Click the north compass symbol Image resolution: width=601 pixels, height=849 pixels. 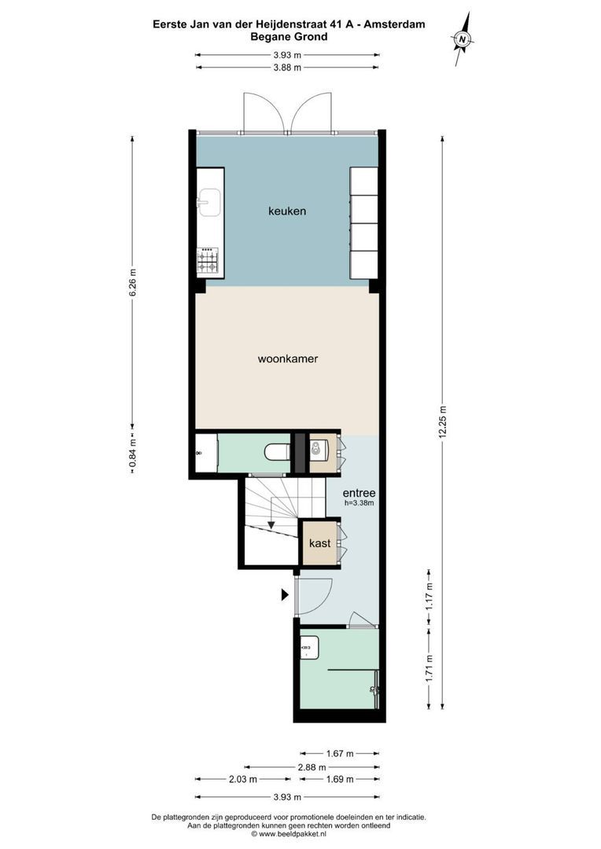[463, 39]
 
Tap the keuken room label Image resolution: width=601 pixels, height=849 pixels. [287, 211]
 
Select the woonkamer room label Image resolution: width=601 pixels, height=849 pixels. [287, 358]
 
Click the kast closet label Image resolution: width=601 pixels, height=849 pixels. [319, 543]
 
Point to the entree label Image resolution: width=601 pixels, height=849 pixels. [359, 493]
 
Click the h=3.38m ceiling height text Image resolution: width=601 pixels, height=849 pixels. [359, 503]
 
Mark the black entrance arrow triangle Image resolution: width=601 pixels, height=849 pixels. [286, 596]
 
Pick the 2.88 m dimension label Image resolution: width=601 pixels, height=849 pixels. [312, 766]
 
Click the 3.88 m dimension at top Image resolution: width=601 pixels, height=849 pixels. [288, 68]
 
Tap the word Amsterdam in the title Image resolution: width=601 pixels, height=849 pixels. [393, 24]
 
